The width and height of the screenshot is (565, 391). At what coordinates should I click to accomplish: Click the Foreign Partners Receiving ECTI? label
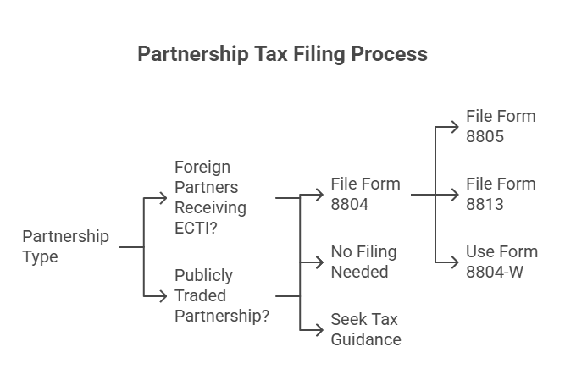click(x=210, y=197)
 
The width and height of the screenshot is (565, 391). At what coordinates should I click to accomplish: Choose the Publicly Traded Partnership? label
click(x=222, y=295)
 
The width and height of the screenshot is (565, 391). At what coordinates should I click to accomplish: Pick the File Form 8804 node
click(x=365, y=194)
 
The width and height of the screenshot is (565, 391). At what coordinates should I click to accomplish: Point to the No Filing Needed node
click(x=363, y=262)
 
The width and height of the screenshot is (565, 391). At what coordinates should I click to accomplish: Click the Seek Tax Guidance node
click(x=365, y=329)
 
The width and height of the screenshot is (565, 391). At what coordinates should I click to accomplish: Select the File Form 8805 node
click(x=501, y=126)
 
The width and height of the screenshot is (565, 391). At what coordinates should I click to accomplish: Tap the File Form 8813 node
click(x=501, y=194)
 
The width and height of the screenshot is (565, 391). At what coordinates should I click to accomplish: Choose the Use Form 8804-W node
click(x=501, y=262)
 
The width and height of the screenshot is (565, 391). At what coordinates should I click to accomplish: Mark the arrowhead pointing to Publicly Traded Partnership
click(x=163, y=295)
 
